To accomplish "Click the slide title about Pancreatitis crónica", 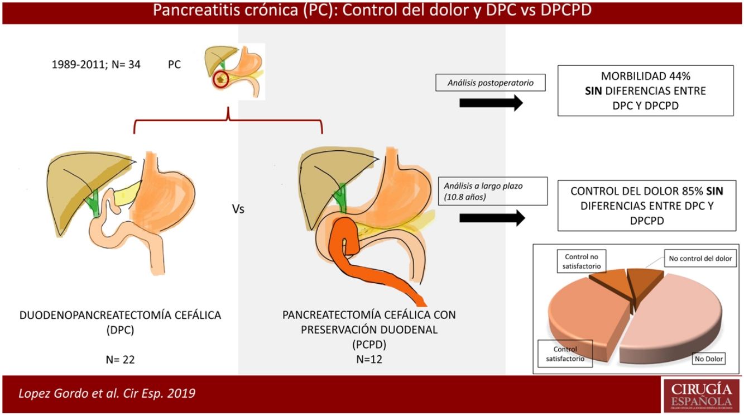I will pos(372,11).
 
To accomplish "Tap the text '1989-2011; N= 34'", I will pos(96,65).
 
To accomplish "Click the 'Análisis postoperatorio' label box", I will pos(491,83).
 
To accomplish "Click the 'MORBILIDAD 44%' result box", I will pos(646,90).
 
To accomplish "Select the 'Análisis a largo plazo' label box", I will pos(491,191).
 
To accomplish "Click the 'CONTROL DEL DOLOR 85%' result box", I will pos(646,206).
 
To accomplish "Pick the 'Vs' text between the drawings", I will pos(238,211).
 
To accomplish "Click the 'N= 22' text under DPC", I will pos(120,360).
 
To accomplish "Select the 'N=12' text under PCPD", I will pos(369,359).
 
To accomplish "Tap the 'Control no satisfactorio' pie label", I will pos(582,261).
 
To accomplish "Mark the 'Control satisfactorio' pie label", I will pos(565,354).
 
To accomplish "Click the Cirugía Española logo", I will pos(701,395).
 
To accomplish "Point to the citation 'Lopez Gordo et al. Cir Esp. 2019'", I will pos(107,393).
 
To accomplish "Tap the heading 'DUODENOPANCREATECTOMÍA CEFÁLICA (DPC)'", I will pos(120,322).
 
